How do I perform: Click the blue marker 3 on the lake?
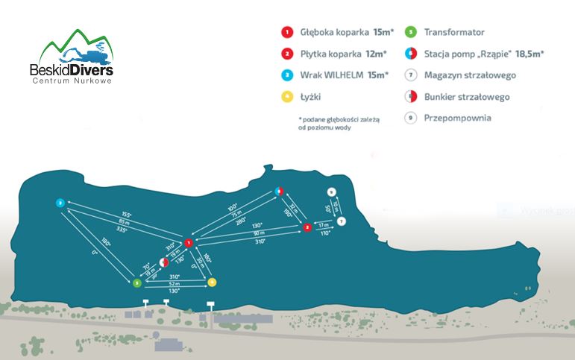click(x=60, y=203)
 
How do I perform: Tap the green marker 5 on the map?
click(x=136, y=283)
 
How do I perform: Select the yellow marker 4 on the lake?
click(x=212, y=282)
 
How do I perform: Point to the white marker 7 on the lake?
click(x=341, y=221)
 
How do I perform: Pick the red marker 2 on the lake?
click(x=307, y=227)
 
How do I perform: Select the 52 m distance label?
click(x=175, y=283)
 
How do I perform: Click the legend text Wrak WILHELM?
click(x=332, y=75)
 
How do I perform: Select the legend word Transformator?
click(x=454, y=33)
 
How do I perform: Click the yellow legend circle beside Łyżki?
click(x=286, y=97)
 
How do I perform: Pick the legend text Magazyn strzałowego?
click(x=470, y=75)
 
